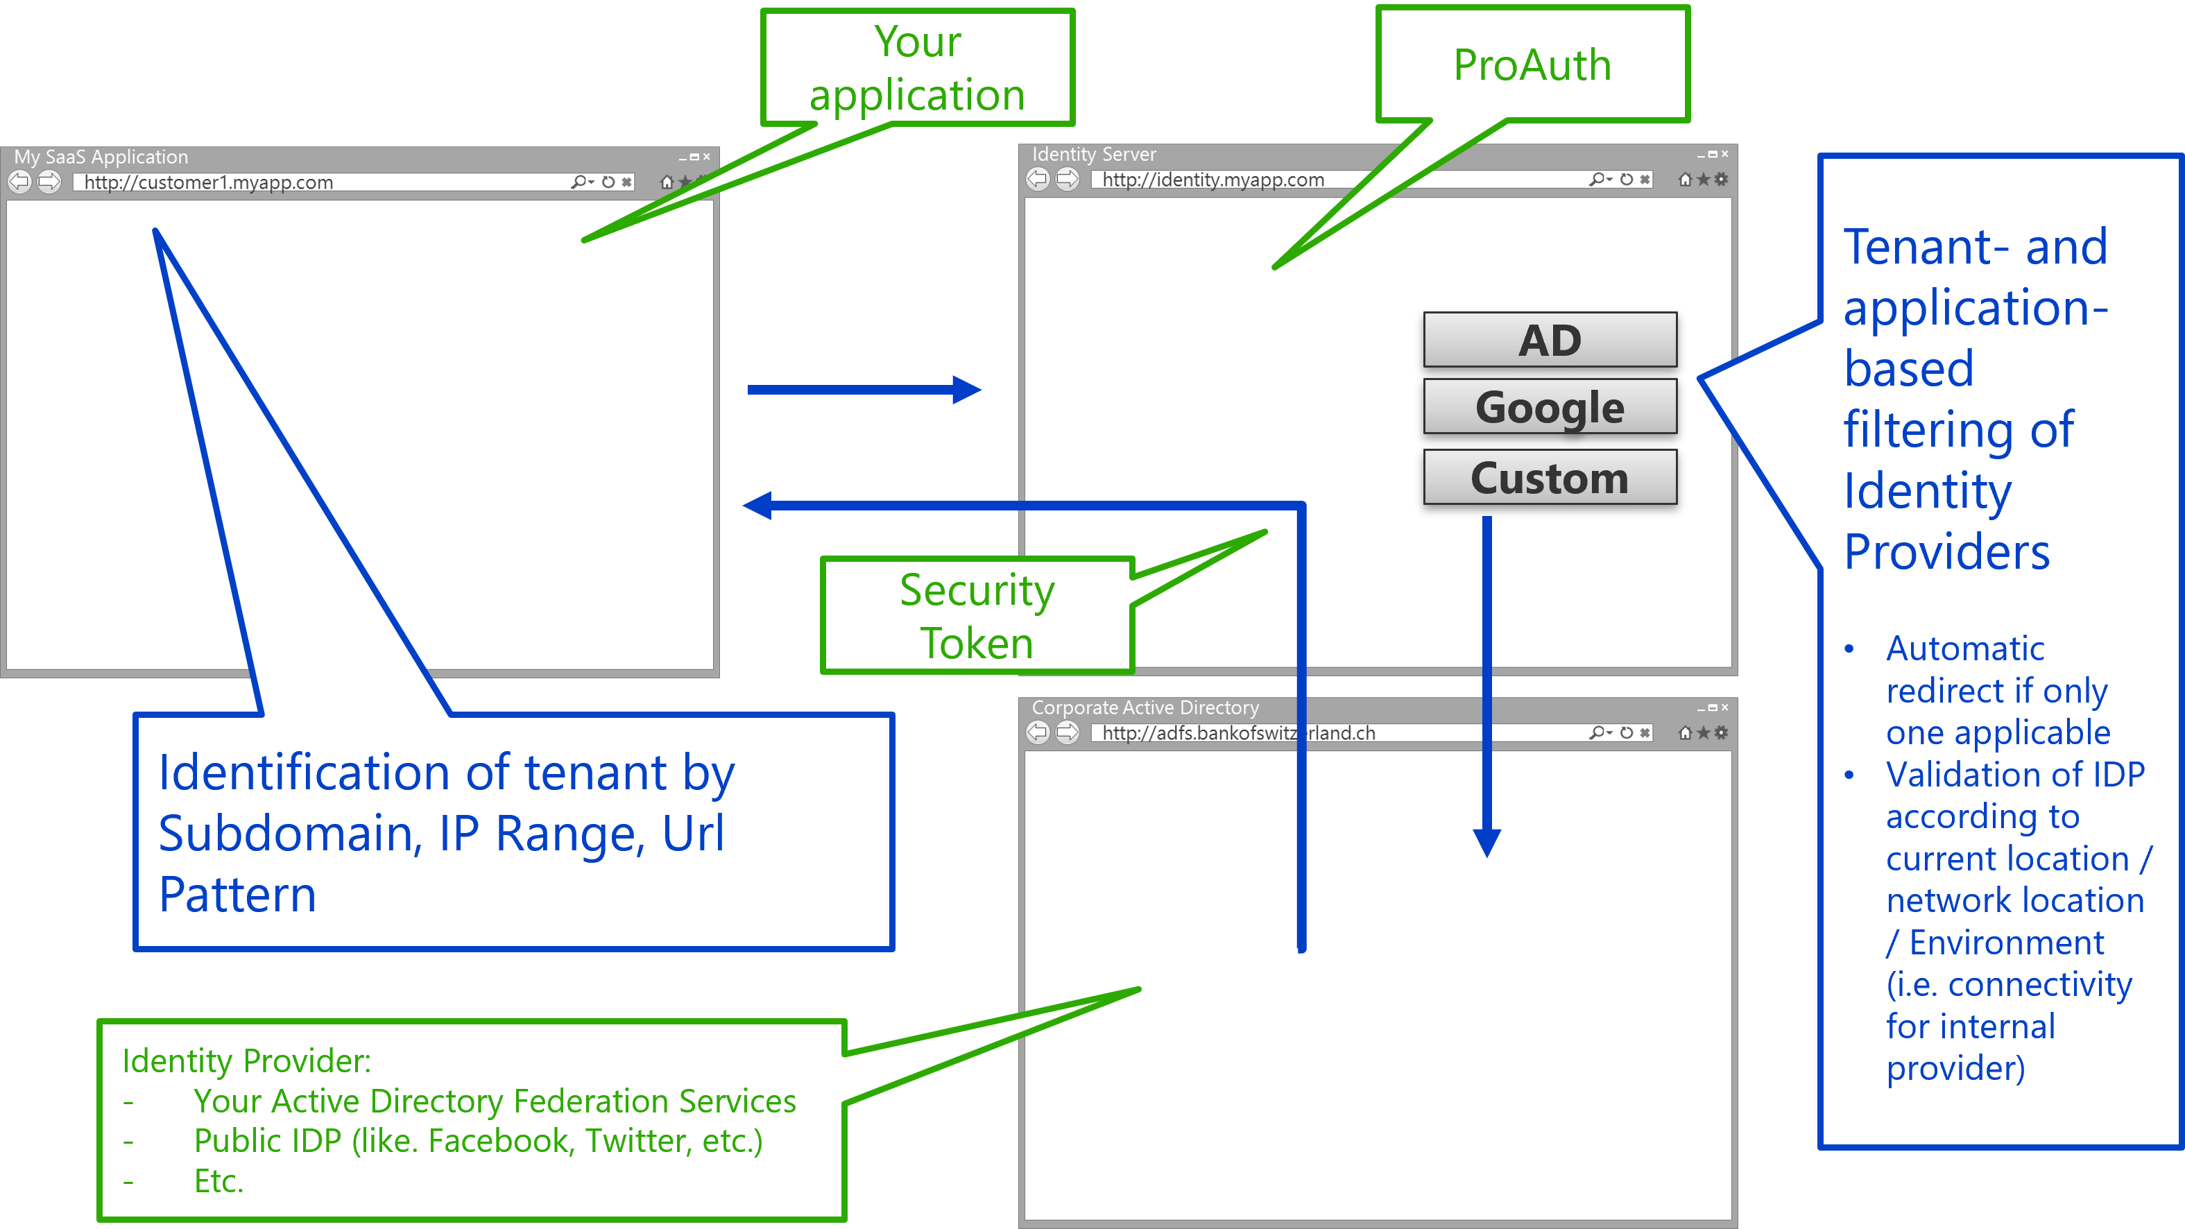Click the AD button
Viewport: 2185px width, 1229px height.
1550,340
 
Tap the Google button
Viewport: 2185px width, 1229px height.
1550,407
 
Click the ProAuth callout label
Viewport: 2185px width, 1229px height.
1532,65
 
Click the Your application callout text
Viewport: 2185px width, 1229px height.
917,68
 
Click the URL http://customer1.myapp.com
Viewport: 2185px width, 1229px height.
209,182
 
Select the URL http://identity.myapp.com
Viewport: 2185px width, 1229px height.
1213,180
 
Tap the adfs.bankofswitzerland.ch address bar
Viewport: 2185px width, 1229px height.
1238,733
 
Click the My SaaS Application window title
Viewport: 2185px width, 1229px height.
101,157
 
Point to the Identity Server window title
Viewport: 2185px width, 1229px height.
1093,155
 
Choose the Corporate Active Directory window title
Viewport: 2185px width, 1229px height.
1145,707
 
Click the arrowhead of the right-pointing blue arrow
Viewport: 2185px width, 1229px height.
967,390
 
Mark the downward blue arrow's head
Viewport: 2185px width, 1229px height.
1487,842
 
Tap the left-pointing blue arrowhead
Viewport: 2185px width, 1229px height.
757,506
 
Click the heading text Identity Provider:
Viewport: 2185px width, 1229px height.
246,1061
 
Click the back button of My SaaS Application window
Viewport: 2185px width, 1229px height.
19,182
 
